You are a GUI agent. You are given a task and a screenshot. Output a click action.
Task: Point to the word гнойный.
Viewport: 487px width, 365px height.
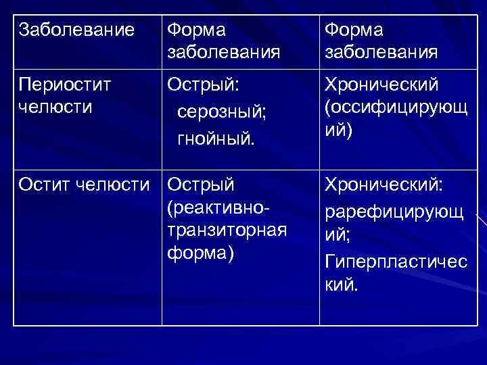coord(216,140)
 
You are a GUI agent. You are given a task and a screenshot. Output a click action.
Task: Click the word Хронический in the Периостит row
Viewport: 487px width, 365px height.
coord(382,84)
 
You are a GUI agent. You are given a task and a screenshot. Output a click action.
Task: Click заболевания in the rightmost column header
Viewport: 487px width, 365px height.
coord(381,52)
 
